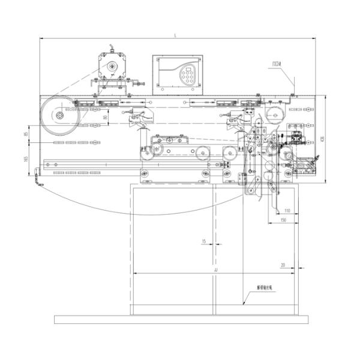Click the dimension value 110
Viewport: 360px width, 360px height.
[x=287, y=211]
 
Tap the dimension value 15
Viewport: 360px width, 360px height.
[x=204, y=241]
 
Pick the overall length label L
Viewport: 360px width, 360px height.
[x=175, y=37]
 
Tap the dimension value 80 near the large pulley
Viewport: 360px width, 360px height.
[x=105, y=119]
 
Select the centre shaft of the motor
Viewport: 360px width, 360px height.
[x=110, y=67]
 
